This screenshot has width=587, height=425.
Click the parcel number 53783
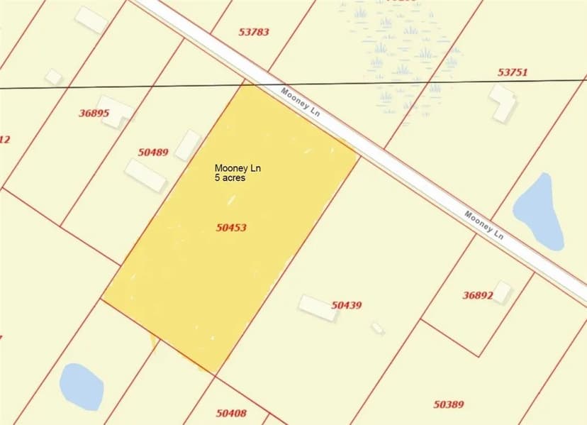click(x=254, y=32)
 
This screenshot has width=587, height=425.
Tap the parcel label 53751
click(x=513, y=72)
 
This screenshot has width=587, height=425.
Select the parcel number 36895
click(x=94, y=113)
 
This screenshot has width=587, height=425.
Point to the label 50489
click(x=153, y=152)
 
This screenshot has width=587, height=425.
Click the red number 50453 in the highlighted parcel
click(x=231, y=228)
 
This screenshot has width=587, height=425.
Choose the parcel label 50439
click(x=347, y=305)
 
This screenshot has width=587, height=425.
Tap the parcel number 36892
click(x=478, y=295)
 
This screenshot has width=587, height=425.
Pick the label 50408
click(x=231, y=412)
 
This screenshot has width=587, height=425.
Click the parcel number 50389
click(x=449, y=404)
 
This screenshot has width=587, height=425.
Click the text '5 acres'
click(x=230, y=177)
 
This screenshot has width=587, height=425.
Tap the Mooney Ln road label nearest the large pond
click(x=484, y=224)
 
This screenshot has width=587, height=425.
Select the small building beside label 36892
click(x=502, y=291)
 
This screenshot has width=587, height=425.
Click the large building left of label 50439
click(x=318, y=308)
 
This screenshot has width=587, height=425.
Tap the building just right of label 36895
click(x=116, y=111)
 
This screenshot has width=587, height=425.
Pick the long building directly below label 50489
click(x=146, y=175)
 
